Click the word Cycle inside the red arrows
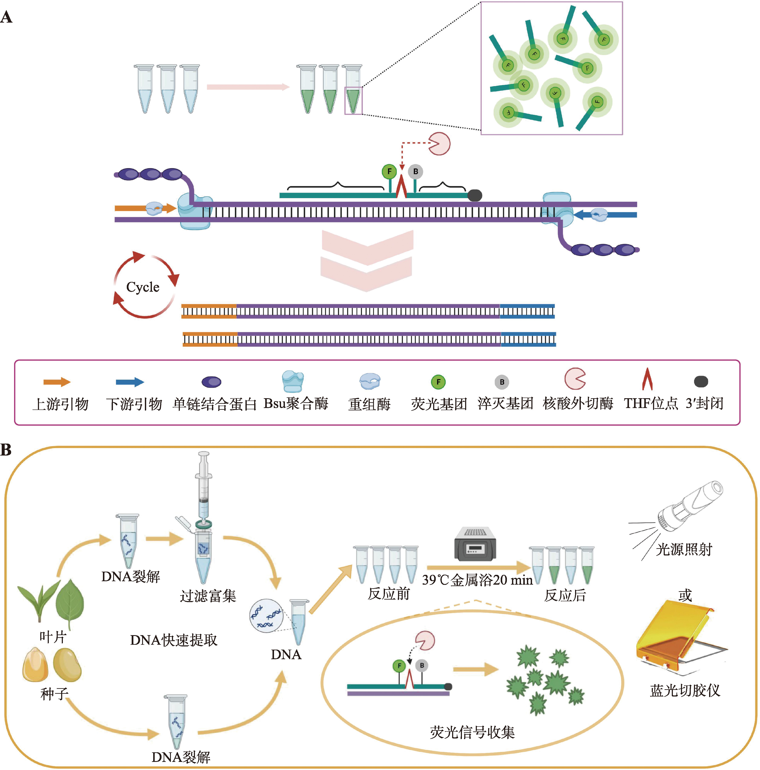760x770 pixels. pos(143,287)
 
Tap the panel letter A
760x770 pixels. pos(6,17)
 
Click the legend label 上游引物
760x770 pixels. pos(61,404)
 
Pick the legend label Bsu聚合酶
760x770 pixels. pos(296,403)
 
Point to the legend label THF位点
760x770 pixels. pos(651,403)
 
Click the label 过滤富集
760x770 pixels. pos(208,596)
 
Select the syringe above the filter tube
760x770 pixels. pos(204,486)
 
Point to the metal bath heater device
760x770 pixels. pos(475,544)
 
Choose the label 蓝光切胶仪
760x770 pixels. pos(685,690)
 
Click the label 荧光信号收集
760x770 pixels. pos(472,732)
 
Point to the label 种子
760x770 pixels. pos(54,694)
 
